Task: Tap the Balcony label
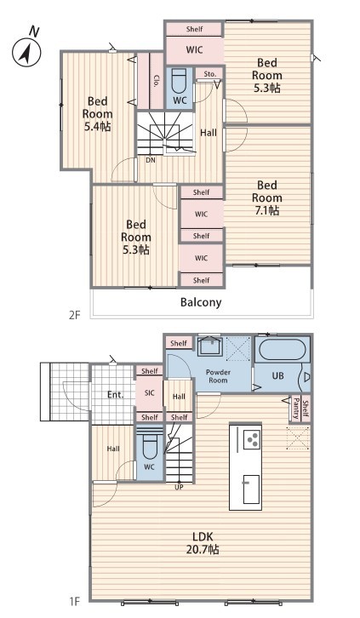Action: click(201, 302)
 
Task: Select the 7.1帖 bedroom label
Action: click(267, 197)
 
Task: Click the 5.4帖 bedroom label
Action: click(97, 114)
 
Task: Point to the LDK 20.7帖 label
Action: click(203, 543)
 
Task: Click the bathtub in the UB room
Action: click(282, 349)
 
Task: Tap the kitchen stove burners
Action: click(252, 439)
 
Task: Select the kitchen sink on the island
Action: click(251, 489)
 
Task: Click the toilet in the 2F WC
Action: click(180, 80)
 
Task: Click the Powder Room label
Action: click(218, 376)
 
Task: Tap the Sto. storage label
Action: click(210, 74)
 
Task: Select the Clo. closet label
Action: click(157, 81)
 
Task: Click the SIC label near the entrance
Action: click(150, 393)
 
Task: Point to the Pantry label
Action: click(296, 409)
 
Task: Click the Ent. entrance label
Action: click(116, 394)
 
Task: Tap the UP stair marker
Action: click(179, 487)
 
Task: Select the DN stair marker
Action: click(150, 160)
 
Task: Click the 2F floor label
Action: click(74, 315)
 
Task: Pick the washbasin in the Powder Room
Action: click(210, 347)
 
